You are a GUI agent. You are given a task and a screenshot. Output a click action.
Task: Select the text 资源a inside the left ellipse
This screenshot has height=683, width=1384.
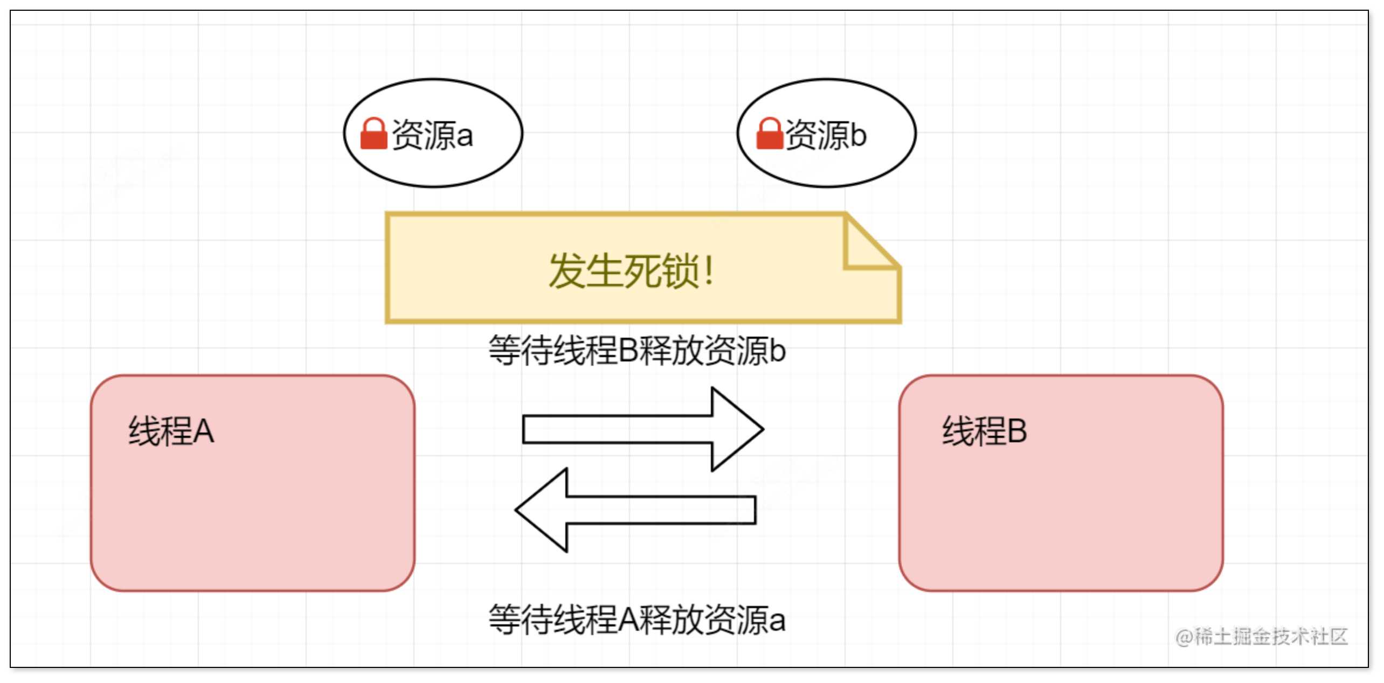432,135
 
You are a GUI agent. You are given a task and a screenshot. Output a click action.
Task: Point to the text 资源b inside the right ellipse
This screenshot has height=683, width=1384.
826,135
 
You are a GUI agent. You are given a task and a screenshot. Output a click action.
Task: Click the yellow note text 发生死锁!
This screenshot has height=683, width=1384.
631,271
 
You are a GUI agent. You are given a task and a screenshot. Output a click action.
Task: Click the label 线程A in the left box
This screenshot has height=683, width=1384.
171,431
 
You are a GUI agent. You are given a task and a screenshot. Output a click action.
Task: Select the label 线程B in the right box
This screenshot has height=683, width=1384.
984,431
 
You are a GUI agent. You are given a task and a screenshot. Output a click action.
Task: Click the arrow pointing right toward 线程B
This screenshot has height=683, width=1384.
641,429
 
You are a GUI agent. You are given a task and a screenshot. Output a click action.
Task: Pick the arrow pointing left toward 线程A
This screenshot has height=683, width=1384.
636,510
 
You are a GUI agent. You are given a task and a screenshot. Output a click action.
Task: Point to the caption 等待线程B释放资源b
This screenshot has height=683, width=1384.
637,351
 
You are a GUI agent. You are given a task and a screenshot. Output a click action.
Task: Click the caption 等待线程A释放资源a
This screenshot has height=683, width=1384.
637,620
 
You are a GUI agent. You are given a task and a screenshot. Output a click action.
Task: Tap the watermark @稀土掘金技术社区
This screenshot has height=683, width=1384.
1261,637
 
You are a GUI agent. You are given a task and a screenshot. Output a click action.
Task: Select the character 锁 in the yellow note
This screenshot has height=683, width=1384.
680,271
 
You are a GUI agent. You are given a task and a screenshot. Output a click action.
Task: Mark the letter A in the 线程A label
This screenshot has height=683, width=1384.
203,431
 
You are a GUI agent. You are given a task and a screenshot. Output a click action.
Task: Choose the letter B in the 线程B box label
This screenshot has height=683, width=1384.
1016,431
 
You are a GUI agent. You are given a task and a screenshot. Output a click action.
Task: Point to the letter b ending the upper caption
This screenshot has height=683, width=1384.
778,351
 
